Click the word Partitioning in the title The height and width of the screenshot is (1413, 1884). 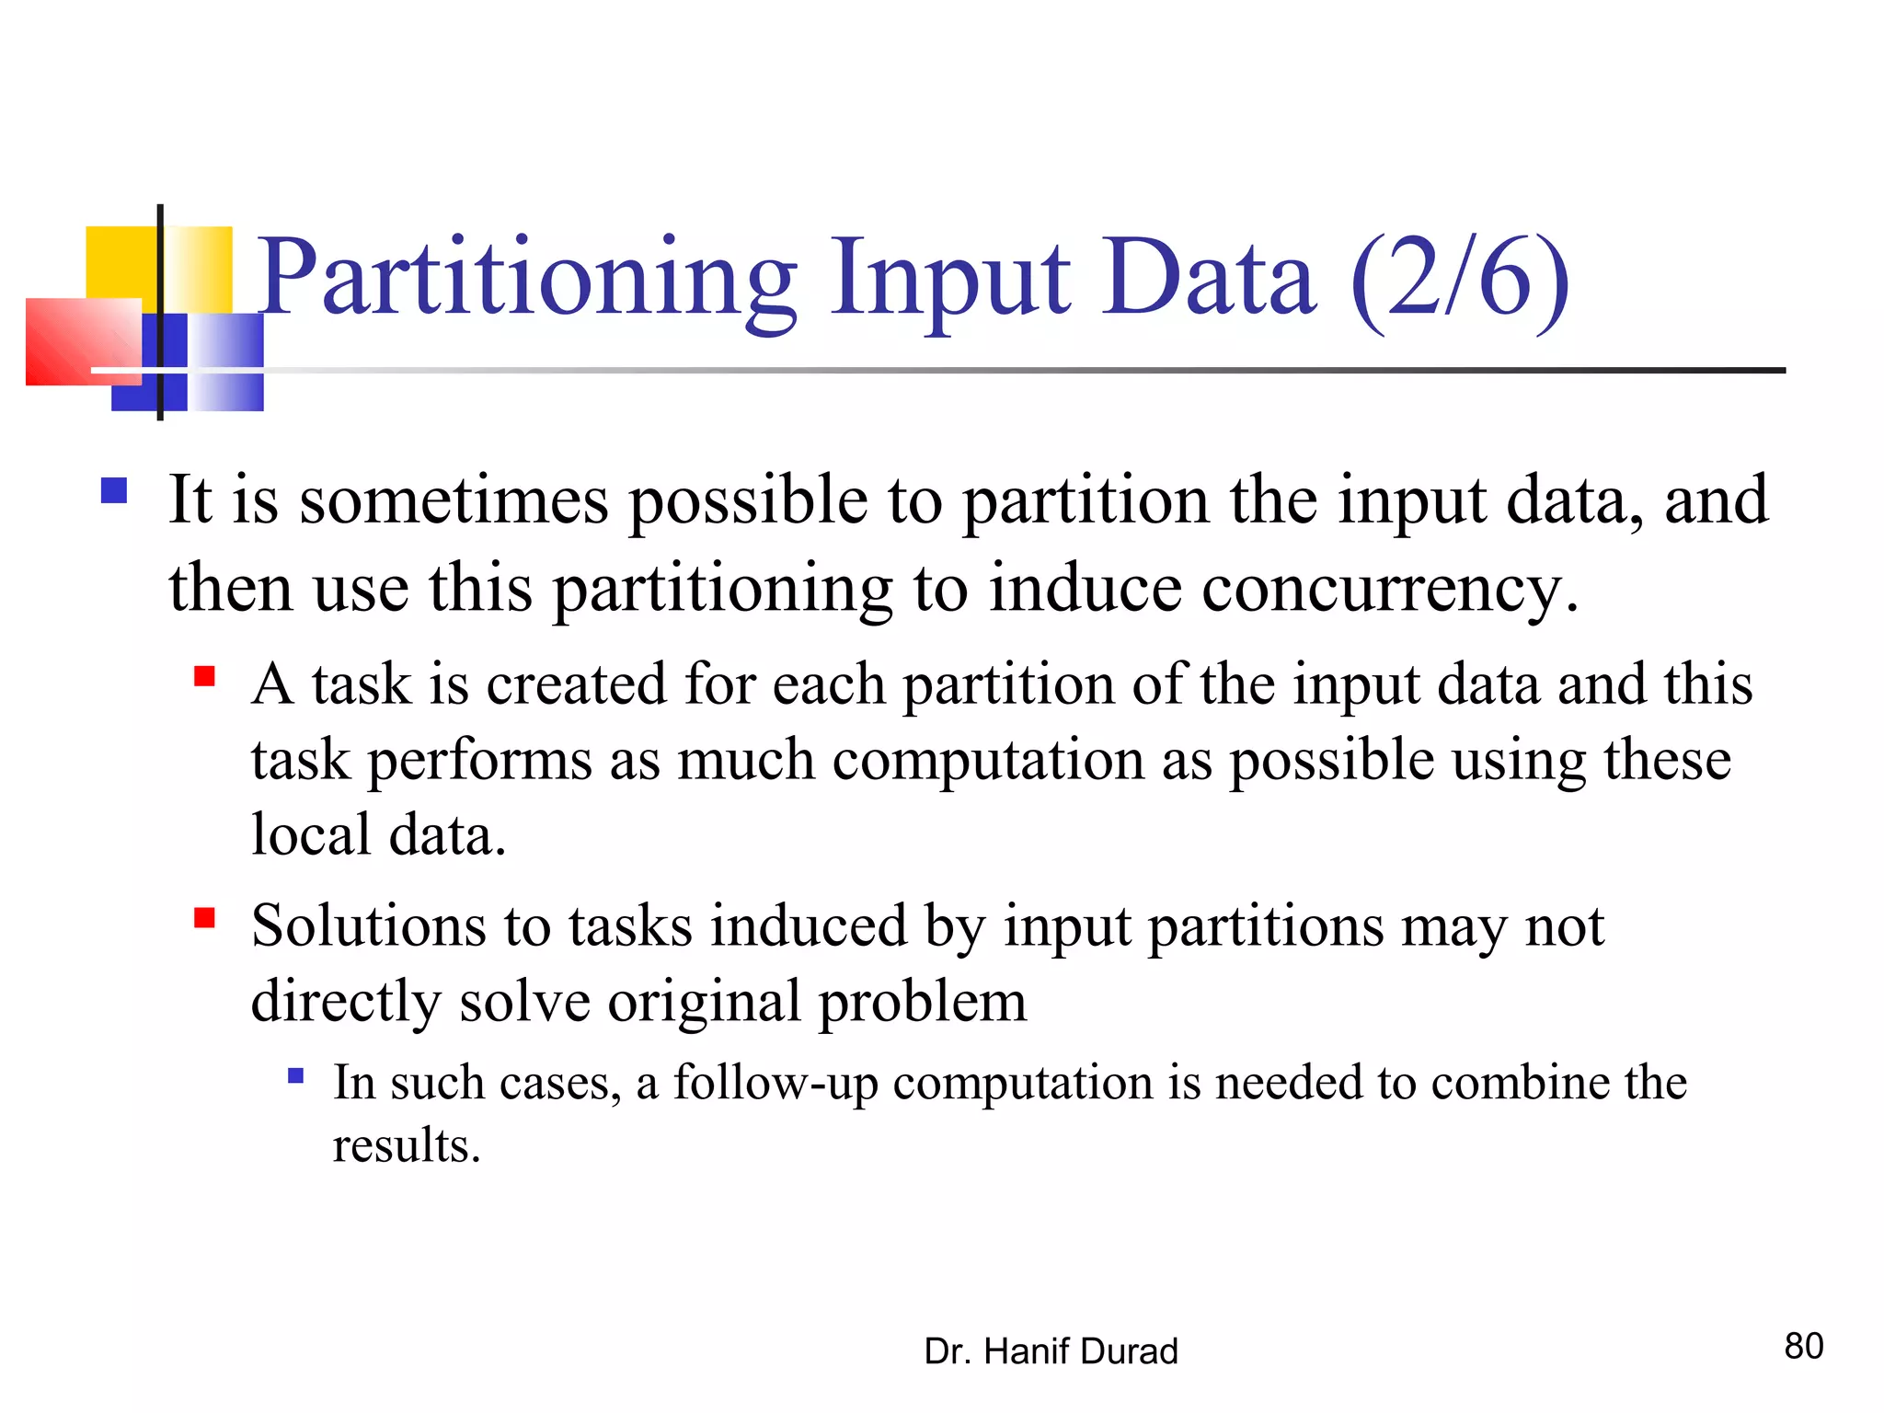pyautogui.click(x=526, y=278)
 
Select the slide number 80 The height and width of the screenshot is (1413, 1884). pyautogui.click(x=1803, y=1346)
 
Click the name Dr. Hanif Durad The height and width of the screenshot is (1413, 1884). pyautogui.click(x=1051, y=1351)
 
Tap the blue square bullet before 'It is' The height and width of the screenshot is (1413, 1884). pyautogui.click(x=114, y=490)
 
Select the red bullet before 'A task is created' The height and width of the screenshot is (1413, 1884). pyautogui.click(x=204, y=678)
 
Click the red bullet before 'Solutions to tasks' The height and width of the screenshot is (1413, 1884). pyautogui.click(x=204, y=918)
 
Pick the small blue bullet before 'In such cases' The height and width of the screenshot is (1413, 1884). pyautogui.click(x=295, y=1075)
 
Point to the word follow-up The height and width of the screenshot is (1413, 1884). pyautogui.click(x=775, y=1083)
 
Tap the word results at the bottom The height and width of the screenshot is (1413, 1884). pyautogui.click(x=406, y=1146)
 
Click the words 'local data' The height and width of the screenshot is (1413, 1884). pyautogui.click(x=378, y=835)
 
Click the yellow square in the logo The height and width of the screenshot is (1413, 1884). pyautogui.click(x=122, y=262)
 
